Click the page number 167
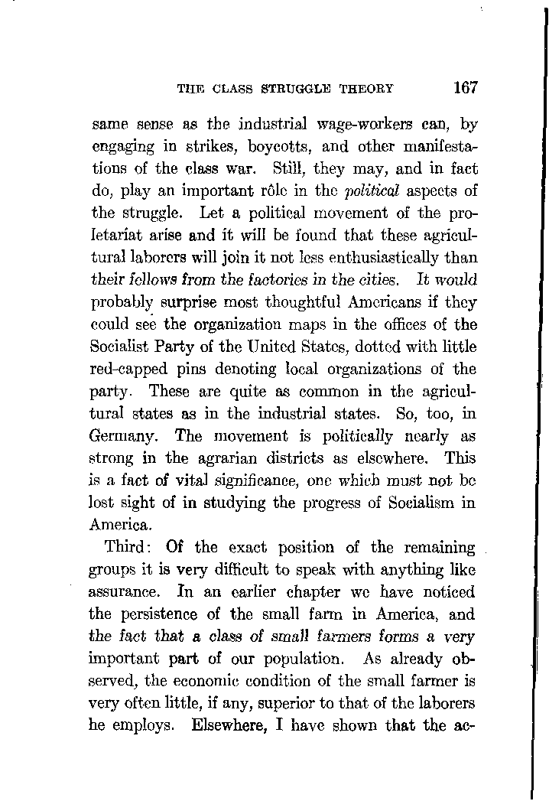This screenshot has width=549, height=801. click(x=464, y=86)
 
